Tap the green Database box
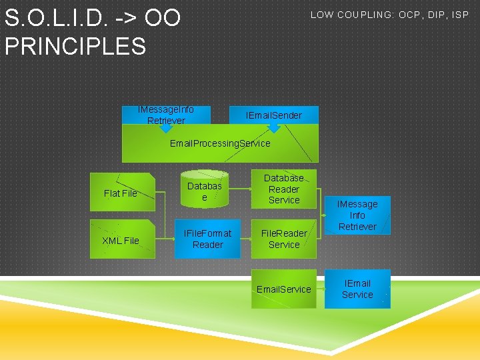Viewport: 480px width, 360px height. click(x=204, y=192)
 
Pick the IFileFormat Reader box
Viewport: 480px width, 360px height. click(x=207, y=239)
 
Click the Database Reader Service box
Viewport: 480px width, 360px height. click(x=284, y=189)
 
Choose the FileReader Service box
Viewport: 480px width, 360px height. click(x=284, y=239)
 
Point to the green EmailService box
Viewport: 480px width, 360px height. click(x=284, y=289)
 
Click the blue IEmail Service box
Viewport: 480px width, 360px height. click(x=357, y=289)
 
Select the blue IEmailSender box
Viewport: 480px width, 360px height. click(x=274, y=115)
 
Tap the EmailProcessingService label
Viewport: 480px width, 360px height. click(x=220, y=143)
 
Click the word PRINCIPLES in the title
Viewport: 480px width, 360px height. click(x=75, y=46)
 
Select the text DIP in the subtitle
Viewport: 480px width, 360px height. click(x=439, y=15)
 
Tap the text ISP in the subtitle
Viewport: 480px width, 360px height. click(x=461, y=15)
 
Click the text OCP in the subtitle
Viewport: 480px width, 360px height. click(x=414, y=15)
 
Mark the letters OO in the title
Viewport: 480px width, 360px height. click(x=163, y=18)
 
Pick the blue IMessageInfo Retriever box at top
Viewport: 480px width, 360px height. click(x=166, y=115)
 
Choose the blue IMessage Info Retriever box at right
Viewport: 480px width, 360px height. click(x=357, y=215)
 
